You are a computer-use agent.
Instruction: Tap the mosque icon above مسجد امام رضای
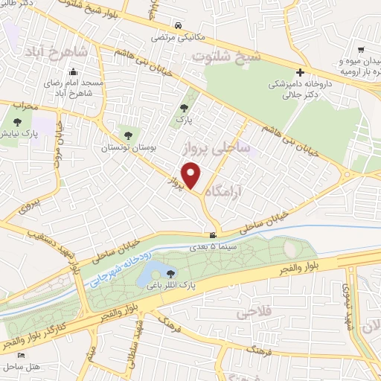(x=73, y=72)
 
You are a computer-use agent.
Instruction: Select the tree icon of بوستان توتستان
(x=129, y=135)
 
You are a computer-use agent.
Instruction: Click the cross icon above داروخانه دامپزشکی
(x=300, y=72)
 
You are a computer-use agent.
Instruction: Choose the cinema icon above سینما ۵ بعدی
(x=214, y=236)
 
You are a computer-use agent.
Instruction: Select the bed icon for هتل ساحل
(x=21, y=354)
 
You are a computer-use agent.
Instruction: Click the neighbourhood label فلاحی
(x=253, y=313)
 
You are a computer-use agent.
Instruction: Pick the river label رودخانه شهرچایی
(x=119, y=265)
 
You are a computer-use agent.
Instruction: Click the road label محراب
(x=25, y=107)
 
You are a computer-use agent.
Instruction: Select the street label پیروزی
(x=28, y=200)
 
